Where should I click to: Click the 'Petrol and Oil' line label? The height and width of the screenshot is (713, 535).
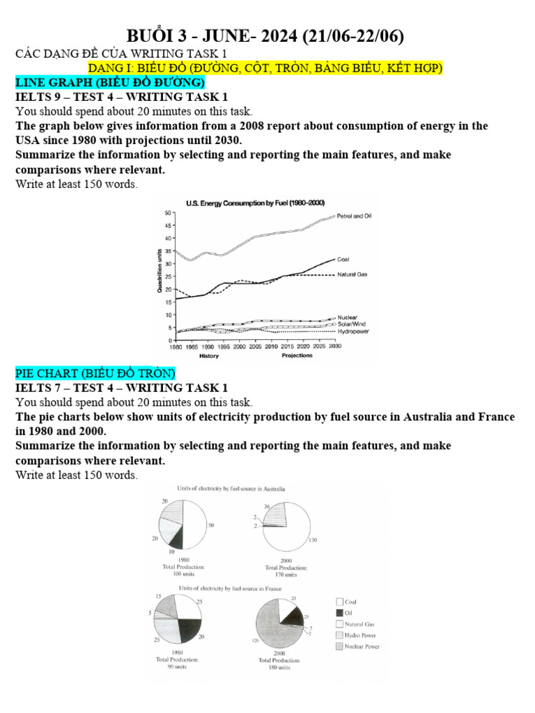(x=354, y=217)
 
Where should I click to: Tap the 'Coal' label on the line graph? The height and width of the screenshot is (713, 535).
(x=343, y=259)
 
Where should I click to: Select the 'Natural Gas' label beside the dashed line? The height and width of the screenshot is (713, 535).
(x=352, y=275)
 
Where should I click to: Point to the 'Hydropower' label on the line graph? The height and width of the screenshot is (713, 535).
(x=353, y=331)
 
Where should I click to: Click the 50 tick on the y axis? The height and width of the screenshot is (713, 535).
(x=168, y=212)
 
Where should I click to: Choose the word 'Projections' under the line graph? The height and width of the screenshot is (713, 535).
(x=297, y=355)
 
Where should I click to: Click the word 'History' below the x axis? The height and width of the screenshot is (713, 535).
(x=209, y=356)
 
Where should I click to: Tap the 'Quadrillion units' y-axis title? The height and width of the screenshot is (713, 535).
(x=160, y=274)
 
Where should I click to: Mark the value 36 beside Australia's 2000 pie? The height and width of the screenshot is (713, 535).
(x=266, y=507)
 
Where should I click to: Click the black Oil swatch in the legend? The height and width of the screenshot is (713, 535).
(x=339, y=613)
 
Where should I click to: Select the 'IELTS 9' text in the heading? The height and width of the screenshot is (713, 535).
(x=38, y=97)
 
